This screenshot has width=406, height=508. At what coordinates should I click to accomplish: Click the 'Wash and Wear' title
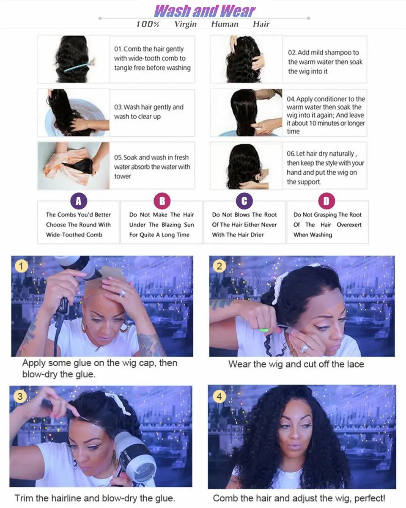tap(205, 11)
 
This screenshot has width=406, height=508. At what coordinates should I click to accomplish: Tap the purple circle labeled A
tap(78, 201)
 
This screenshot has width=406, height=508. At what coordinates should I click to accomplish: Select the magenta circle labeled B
tap(162, 201)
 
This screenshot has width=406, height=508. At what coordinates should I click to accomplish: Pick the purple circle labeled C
tap(244, 201)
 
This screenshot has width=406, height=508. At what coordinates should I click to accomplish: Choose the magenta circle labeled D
tap(326, 201)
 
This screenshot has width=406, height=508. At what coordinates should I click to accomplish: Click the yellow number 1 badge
tap(21, 266)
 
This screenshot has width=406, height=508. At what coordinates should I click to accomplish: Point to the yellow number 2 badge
tap(219, 266)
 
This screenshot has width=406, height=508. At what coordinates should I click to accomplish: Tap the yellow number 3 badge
tap(19, 396)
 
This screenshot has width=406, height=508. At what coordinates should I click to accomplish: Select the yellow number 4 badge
tap(219, 397)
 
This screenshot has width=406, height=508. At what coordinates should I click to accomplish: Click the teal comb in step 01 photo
tap(79, 65)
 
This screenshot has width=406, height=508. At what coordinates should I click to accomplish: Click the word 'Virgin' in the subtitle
tap(185, 24)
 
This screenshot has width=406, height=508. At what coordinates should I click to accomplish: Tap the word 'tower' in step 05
tap(123, 176)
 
